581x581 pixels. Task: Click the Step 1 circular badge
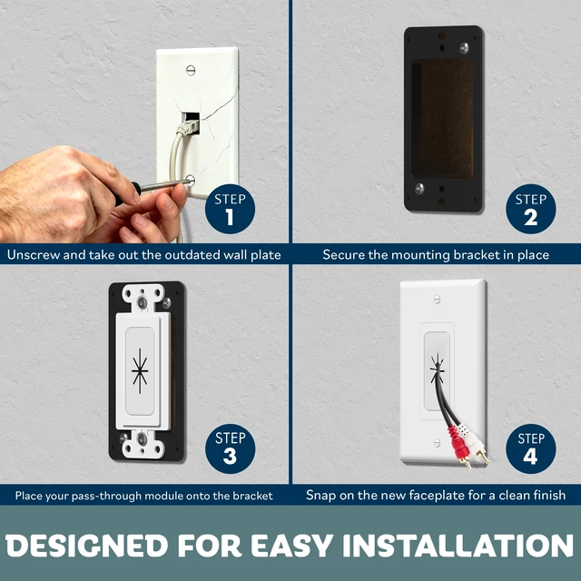[x=230, y=209]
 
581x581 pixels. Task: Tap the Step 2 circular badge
[x=530, y=209]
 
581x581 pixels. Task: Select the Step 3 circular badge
[x=230, y=448]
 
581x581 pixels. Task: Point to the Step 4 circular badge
[x=530, y=448]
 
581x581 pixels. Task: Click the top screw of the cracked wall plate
[x=191, y=70]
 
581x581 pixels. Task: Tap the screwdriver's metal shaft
[x=162, y=185]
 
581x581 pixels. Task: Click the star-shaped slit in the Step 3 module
[x=140, y=371]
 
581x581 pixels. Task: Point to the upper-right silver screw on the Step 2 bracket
[x=464, y=47]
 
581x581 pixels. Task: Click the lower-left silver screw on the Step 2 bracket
[x=419, y=188]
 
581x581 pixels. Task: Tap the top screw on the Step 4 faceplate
[x=437, y=300]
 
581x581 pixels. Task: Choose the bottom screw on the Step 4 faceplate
[x=437, y=442]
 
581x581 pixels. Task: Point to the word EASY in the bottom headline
[x=291, y=546]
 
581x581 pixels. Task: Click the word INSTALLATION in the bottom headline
[x=458, y=546]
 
